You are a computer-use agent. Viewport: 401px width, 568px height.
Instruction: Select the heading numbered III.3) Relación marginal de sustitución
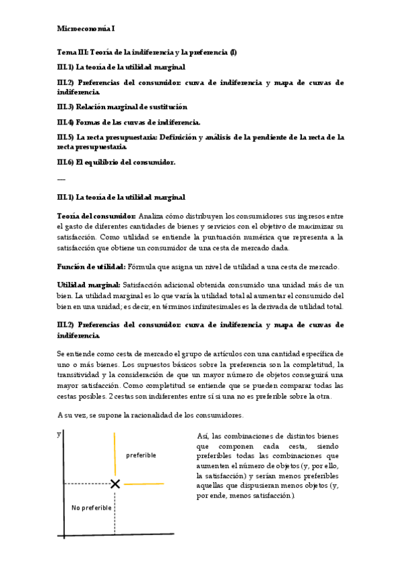122,106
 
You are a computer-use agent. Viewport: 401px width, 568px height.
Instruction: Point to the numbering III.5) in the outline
66,137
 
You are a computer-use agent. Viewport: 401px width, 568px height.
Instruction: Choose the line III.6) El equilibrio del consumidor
116,162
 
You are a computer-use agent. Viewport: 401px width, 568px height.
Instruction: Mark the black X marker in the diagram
115,484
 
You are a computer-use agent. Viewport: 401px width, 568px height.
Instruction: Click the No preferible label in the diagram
92,508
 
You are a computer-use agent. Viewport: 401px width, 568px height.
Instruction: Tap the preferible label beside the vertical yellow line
141,455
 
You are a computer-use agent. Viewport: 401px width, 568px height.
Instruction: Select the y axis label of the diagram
59,435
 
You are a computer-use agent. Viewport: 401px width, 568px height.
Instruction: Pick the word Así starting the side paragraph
204,436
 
